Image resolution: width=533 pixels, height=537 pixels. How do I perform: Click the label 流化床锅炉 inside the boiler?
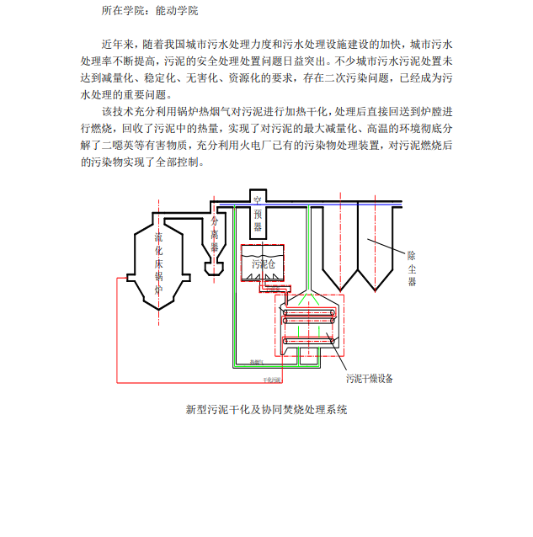(x=158, y=263)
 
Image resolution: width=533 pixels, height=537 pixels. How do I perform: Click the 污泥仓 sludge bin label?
(x=264, y=264)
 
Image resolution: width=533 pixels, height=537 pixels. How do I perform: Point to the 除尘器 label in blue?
(x=413, y=268)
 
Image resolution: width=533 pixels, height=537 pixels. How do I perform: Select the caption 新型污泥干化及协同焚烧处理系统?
(x=266, y=410)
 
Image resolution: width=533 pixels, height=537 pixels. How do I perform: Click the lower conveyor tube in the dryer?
(x=309, y=340)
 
